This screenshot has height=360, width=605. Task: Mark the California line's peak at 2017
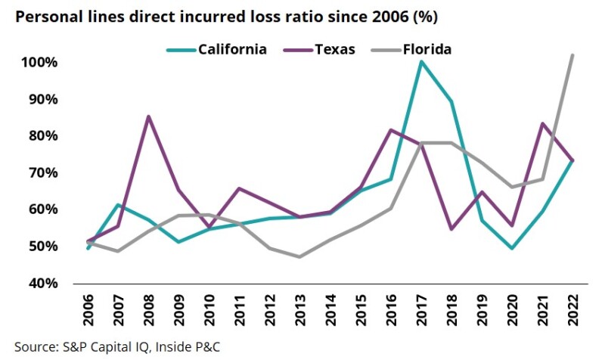coord(421,61)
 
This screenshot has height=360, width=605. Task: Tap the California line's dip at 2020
coord(513,248)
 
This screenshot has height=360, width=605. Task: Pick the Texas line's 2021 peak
coord(543,123)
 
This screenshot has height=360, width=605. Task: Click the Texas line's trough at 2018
coord(451,229)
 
